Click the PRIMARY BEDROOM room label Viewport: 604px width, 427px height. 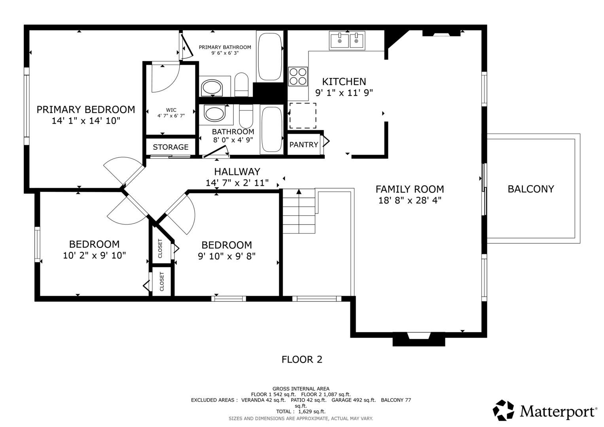tap(86, 110)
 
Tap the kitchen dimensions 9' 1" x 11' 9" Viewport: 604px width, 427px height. tap(344, 93)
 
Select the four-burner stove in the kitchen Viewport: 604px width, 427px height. tap(298, 76)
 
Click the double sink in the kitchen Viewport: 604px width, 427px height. tap(347, 40)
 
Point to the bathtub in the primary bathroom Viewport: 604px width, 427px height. tap(270, 57)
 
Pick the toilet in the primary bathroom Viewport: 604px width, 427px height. tap(241, 85)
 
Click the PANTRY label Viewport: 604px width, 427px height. tap(304, 145)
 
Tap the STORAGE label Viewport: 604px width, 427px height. tap(171, 147)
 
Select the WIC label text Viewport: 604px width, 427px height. tap(171, 110)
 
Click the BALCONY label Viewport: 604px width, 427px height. tap(531, 189)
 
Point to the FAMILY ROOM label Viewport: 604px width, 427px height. tap(409, 189)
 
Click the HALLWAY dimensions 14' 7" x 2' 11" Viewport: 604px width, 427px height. tap(237, 183)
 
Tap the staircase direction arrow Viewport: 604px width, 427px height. tap(299, 211)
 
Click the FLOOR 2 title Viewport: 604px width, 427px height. tap(302, 359)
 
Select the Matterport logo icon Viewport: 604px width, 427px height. tap(504, 410)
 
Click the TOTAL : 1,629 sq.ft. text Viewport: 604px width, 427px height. tap(301, 411)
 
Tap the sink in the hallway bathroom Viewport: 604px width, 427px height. tap(214, 113)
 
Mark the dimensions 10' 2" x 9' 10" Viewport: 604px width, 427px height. tap(95, 255)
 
